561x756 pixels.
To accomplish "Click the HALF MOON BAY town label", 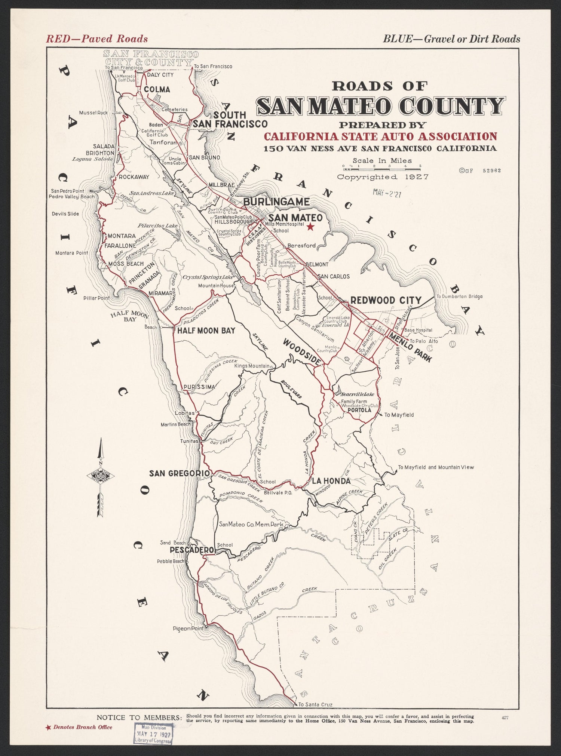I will click(206, 331).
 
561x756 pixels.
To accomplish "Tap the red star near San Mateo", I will click(310, 227).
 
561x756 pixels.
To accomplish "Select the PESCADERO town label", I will click(191, 550).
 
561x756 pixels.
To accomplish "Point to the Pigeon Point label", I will click(188, 629).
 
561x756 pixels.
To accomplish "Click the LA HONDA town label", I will click(331, 481).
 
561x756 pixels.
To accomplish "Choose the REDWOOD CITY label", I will click(386, 300).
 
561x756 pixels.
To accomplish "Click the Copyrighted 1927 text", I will click(383, 177).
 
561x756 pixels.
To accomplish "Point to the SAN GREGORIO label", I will click(179, 473).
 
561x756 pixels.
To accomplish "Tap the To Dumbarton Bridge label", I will click(459, 296).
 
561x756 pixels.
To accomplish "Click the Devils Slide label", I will click(65, 214).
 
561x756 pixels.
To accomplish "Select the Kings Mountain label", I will click(252, 366).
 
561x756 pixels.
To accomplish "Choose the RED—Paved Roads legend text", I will click(96, 39).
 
